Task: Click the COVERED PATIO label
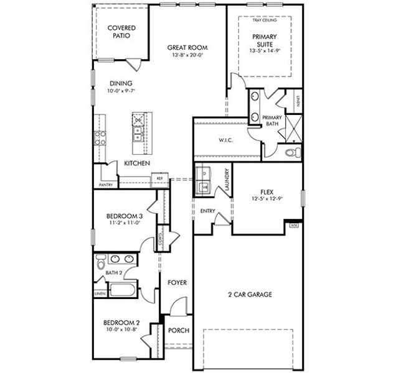click(121, 32)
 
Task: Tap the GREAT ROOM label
click(187, 48)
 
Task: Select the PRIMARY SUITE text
click(265, 40)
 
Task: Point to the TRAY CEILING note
click(265, 20)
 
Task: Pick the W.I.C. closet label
click(225, 140)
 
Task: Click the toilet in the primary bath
click(291, 152)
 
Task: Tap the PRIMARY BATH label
click(271, 121)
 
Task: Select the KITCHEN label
click(136, 163)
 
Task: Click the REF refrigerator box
click(159, 179)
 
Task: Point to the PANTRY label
click(106, 185)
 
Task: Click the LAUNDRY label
click(228, 180)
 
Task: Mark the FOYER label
click(177, 282)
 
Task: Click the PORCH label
click(179, 330)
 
